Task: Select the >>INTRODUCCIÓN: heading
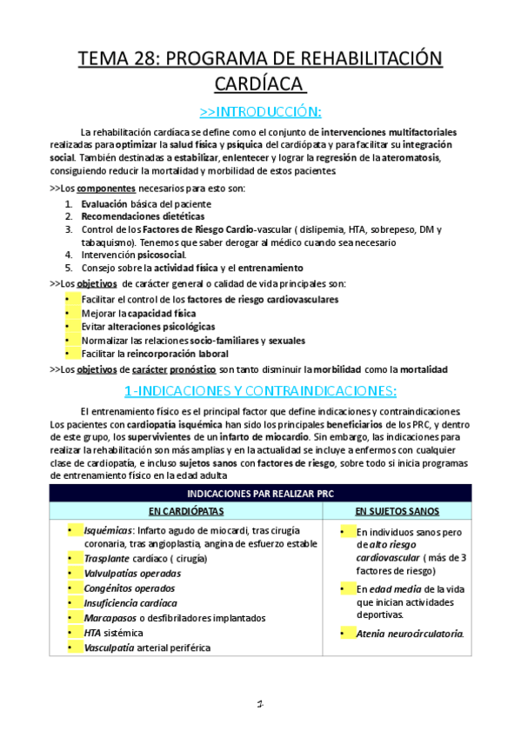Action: [x=260, y=110]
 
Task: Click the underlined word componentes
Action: [x=99, y=188]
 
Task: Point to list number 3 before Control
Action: [x=69, y=229]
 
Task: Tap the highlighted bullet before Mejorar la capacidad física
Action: [x=70, y=313]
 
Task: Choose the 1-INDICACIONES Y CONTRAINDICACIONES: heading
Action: [x=260, y=389]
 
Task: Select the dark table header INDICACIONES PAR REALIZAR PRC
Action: [x=260, y=493]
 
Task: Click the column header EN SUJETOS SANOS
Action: [x=405, y=511]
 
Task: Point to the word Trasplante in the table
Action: [x=109, y=559]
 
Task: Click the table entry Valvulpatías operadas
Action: [x=132, y=574]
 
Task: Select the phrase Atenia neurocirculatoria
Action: [x=410, y=634]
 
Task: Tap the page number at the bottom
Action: [x=260, y=703]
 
